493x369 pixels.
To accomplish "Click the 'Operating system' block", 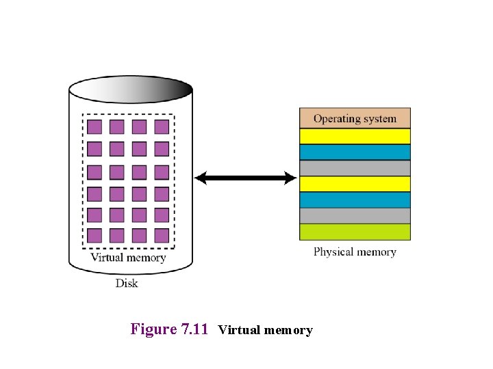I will coord(355,118).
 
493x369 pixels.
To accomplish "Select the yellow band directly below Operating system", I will coord(355,136).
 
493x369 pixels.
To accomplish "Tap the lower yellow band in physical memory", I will coord(355,184).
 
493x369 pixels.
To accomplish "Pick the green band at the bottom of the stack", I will coord(355,232).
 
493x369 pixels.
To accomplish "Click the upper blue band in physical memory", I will coord(355,152).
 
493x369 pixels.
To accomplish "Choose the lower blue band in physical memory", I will coord(355,200).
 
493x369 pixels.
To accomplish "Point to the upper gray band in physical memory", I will coord(355,168).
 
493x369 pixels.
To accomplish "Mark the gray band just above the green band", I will coord(355,215).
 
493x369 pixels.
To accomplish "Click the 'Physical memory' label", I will coord(355,252).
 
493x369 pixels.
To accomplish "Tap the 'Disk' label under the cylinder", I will coord(127,284).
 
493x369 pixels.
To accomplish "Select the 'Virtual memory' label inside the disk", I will coord(129,258).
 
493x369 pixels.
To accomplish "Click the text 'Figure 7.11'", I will coord(169,329).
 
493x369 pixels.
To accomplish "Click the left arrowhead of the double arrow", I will coord(201,178).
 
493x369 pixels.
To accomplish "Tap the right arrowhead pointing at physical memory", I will coord(290,178).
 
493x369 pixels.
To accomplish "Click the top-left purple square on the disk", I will coord(94,127).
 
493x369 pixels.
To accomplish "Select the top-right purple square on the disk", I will coord(162,127).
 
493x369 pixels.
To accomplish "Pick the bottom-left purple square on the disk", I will coord(94,236).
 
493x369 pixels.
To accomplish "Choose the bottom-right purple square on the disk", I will coord(162,236).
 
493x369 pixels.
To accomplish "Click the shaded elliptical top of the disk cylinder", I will coord(131,90).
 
